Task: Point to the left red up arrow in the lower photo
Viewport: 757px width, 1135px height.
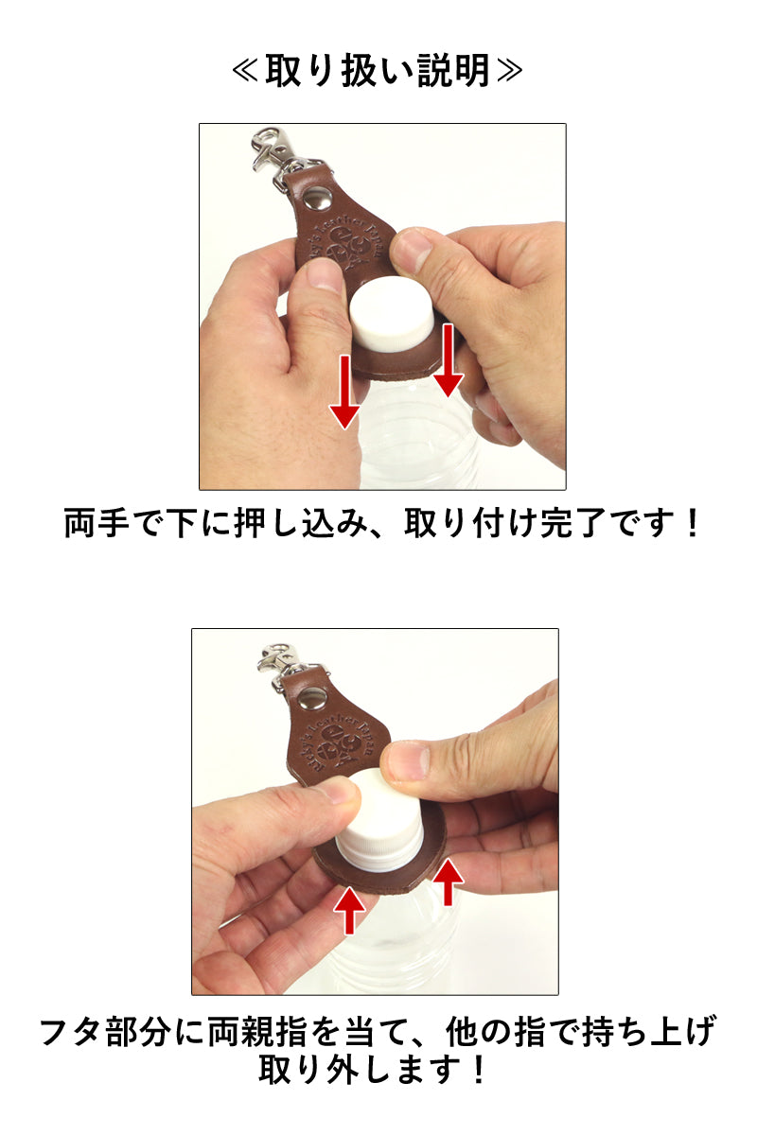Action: pyautogui.click(x=350, y=911)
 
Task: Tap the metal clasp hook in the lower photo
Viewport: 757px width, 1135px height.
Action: pyautogui.click(x=275, y=657)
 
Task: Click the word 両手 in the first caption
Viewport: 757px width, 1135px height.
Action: pyautogui.click(x=95, y=523)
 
